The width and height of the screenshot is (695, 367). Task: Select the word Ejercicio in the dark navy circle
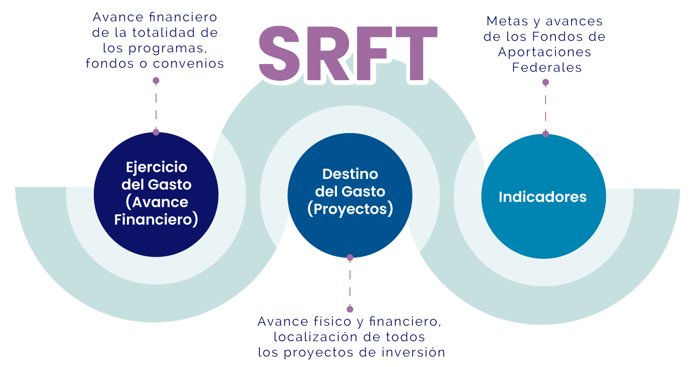(x=156, y=167)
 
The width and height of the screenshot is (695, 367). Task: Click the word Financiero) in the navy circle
(x=156, y=220)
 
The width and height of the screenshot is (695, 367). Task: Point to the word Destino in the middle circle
(x=350, y=174)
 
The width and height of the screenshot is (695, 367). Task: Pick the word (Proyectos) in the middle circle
(x=350, y=209)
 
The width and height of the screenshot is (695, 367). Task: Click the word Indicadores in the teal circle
(x=542, y=197)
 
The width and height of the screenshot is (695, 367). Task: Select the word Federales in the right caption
(x=546, y=68)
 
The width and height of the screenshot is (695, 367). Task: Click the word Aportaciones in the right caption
(x=544, y=52)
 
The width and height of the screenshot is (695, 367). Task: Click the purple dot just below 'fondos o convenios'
(x=156, y=81)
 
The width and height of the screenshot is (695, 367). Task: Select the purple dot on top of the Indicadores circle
(x=545, y=134)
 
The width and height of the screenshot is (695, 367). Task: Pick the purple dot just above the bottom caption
(x=350, y=309)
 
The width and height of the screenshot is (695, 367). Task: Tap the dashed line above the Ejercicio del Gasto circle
(x=156, y=106)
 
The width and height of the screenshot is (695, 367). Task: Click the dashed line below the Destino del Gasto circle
(x=350, y=283)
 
